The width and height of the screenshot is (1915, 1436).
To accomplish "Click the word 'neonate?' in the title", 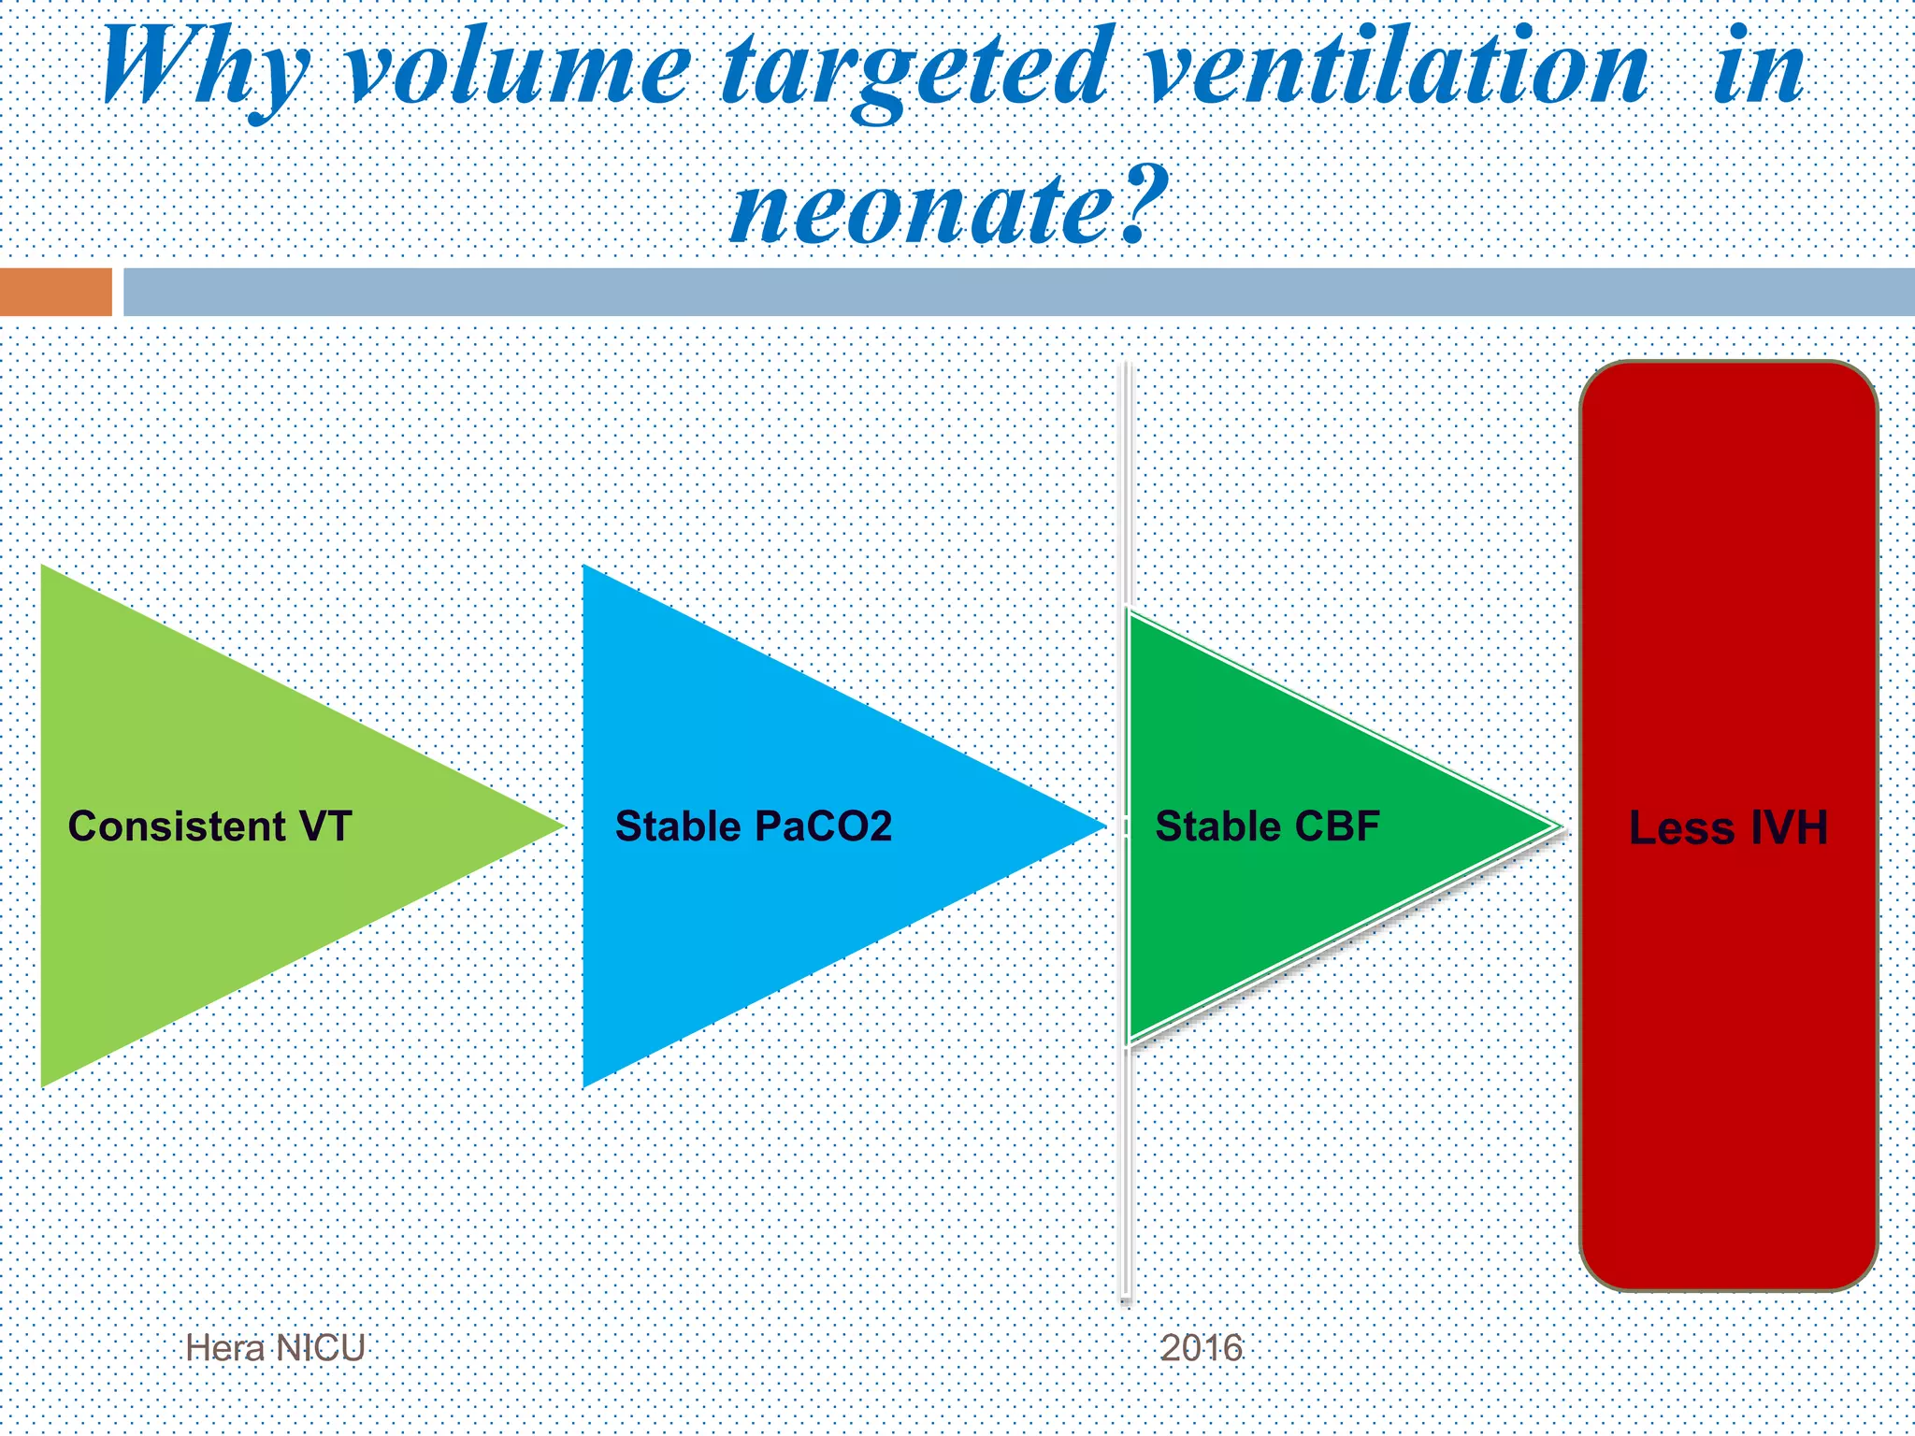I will tap(949, 208).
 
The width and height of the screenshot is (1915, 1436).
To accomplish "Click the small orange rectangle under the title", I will tap(55, 292).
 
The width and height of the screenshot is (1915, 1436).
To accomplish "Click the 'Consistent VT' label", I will tap(209, 826).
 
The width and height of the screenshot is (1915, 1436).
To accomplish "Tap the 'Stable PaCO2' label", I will tap(753, 826).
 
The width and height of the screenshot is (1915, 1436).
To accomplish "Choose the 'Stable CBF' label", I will tap(1267, 826).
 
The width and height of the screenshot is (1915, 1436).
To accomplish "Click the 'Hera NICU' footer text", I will tap(275, 1348).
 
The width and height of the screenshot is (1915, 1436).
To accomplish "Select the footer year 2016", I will tap(1201, 1348).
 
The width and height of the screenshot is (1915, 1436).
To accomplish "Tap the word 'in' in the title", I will tap(1758, 67).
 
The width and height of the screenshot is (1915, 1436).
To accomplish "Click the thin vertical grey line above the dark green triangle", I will tap(1126, 486).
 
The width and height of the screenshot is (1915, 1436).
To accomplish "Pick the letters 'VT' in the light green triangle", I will tap(324, 826).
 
